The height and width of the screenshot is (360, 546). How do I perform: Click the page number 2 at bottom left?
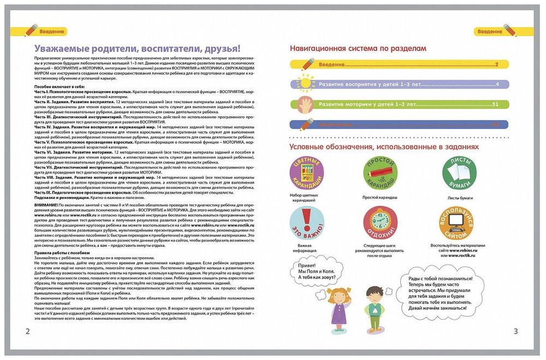(x=20, y=332)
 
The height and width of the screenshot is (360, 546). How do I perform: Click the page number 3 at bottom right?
(x=515, y=332)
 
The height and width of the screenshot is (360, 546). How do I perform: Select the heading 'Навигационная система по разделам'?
(x=358, y=49)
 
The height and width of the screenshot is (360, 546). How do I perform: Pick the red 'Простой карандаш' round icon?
(x=380, y=173)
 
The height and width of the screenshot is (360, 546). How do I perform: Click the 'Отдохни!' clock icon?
(x=380, y=223)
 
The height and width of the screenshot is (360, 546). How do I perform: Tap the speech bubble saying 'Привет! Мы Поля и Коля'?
(x=315, y=272)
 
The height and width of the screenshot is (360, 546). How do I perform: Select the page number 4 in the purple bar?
(x=497, y=85)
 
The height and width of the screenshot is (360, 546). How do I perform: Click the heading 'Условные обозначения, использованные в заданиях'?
(x=383, y=147)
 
